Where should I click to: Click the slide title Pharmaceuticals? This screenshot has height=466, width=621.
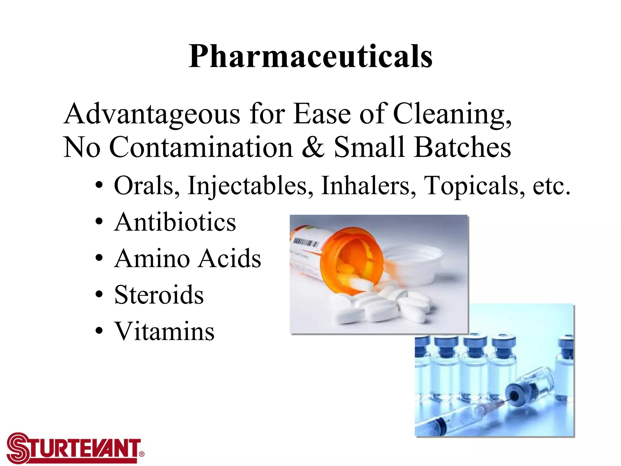pyautogui.click(x=310, y=56)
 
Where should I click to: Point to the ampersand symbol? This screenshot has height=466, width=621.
pyautogui.click(x=313, y=147)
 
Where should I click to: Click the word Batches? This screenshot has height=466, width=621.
pyautogui.click(x=462, y=147)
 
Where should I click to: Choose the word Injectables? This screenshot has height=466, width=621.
pyautogui.click(x=250, y=186)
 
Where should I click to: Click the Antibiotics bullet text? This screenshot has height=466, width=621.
pyautogui.click(x=175, y=222)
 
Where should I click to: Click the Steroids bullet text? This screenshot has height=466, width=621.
pyautogui.click(x=159, y=295)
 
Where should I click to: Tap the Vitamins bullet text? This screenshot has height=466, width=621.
pyautogui.click(x=164, y=331)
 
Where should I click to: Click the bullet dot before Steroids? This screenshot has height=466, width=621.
pyautogui.click(x=99, y=294)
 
